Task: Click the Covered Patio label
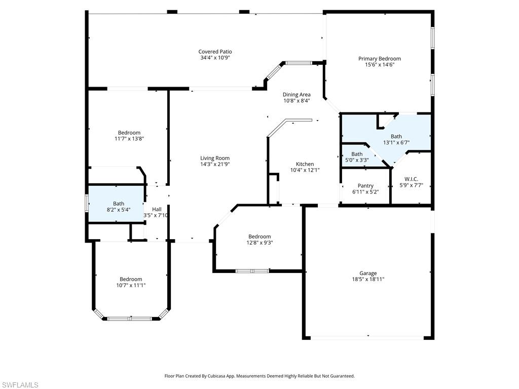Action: tap(215, 52)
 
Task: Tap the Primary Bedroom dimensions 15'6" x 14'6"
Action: tap(379, 65)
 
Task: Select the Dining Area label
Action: tap(296, 95)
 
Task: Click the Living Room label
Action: tap(215, 158)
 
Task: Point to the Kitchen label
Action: tap(305, 164)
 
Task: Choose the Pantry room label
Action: tap(365, 186)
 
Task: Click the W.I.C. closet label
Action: tap(411, 179)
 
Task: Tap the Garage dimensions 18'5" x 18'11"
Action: tap(368, 279)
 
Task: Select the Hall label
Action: tap(157, 209)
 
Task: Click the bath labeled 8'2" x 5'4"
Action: tap(119, 204)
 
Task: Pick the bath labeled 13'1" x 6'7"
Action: tap(396, 136)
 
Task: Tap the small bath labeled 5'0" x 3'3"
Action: tap(357, 154)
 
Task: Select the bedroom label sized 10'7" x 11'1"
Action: tap(131, 279)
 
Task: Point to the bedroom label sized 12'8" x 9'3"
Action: tap(259, 237)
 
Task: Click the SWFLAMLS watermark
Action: tap(20, 385)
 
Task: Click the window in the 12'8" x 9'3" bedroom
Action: tap(252, 271)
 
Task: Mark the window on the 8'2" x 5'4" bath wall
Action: tap(87, 204)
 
